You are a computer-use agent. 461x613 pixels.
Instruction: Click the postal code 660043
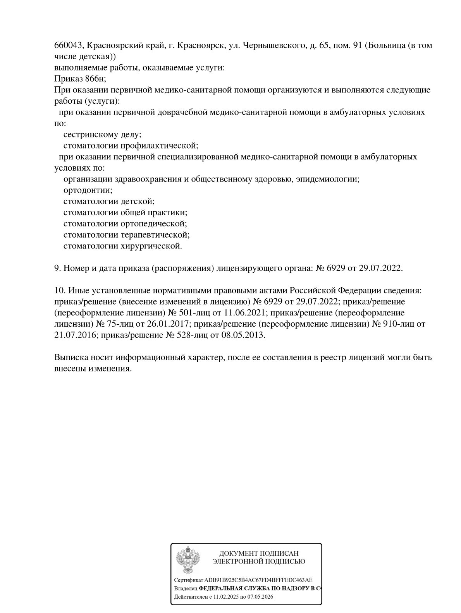[x=68, y=46]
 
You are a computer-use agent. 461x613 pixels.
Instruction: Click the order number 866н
[x=95, y=79]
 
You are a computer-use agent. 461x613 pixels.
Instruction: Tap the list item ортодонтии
[x=88, y=190]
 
